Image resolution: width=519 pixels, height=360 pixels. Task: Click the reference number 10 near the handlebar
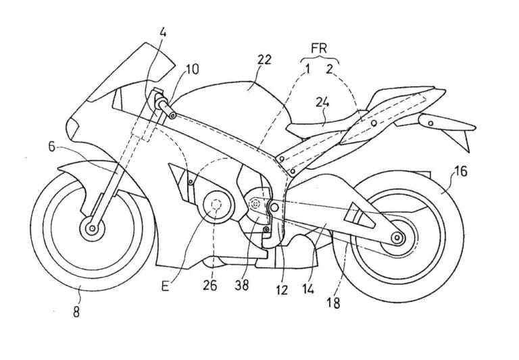[192, 69]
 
